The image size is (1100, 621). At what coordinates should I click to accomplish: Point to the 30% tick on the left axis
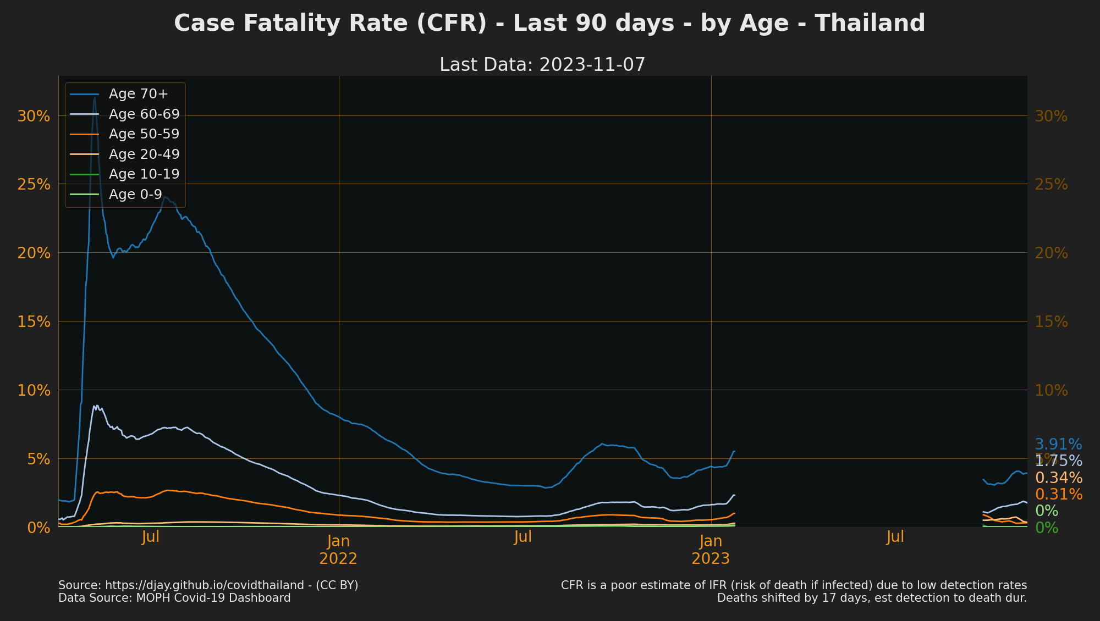pos(34,116)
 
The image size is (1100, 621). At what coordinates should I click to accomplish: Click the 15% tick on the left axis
pos(34,321)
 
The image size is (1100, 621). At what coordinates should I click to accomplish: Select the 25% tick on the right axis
pos(1051,185)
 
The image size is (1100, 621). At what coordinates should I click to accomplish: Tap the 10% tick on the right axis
pos(1051,391)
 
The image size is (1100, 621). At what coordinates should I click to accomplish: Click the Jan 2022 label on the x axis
pos(338,550)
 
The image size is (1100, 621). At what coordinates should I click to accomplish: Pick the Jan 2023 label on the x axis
pos(711,550)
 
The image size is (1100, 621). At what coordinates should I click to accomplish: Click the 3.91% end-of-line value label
pos(1058,444)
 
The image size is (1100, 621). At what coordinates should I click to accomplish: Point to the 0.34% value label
pos(1058,478)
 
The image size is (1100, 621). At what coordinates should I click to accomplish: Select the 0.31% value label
pos(1058,495)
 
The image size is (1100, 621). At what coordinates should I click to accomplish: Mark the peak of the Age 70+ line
pos(94,97)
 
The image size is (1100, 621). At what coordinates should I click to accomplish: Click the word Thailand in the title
pos(870,24)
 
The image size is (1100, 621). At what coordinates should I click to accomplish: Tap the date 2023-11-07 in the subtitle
pos(592,65)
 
